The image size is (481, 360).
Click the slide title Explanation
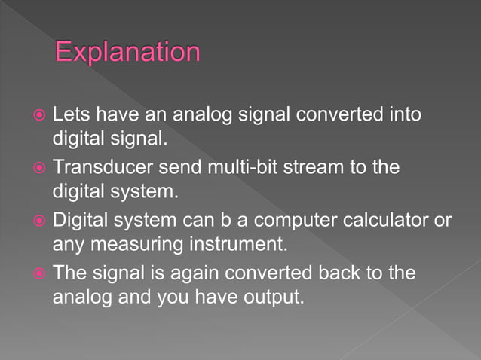pos(128,53)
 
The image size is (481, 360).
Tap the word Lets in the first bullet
pos(69,114)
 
